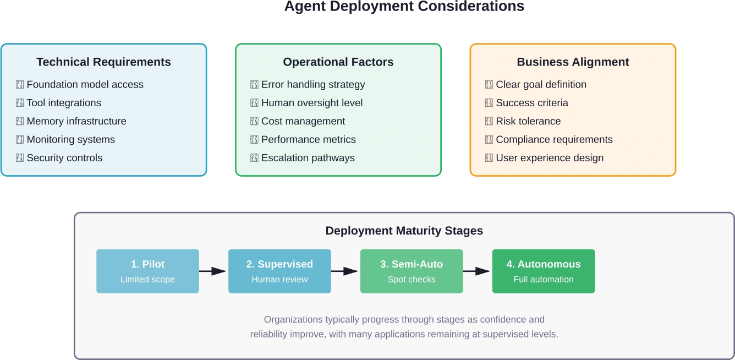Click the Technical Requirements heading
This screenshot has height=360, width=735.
[103, 62]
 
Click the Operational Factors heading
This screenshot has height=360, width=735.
[338, 62]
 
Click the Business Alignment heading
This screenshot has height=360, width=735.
[573, 62]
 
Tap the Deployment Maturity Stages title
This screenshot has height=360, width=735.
[404, 231]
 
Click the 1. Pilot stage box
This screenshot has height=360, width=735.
[147, 271]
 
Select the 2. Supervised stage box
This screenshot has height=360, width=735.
[279, 271]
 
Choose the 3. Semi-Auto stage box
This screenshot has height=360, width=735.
[412, 271]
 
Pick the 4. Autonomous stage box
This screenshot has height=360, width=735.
[544, 271]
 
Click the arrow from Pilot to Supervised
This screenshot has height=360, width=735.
[213, 271]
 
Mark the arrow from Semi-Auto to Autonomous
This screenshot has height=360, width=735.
[477, 271]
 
